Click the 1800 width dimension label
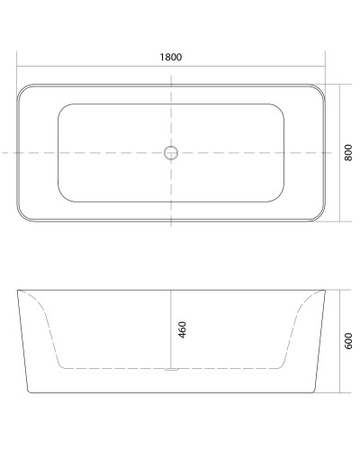pos(171,58)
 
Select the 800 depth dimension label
pos(348,153)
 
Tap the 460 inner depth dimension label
pos(182,329)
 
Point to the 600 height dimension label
pos(348,342)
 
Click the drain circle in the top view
pos(171,153)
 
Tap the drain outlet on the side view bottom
pos(171,370)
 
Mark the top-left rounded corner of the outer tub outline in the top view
pos(22,90)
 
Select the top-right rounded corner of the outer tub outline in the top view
pos(319,90)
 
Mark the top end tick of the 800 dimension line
pos(341,85)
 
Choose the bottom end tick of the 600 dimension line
pos(341,394)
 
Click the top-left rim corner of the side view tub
pos(19,291)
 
